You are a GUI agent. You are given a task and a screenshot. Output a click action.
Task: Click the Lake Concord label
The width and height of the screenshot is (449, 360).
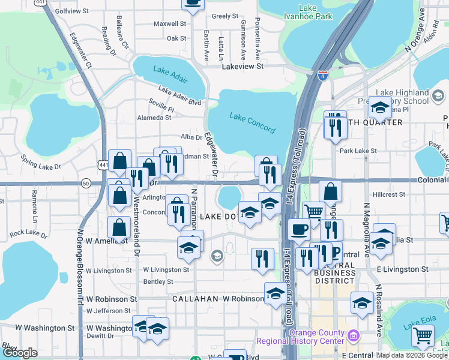click(x=252, y=123)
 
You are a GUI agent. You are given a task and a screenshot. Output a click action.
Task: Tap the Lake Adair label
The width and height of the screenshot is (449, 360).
click(x=170, y=71)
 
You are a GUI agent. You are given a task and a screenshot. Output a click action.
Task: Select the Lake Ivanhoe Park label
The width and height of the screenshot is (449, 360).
click(x=307, y=13)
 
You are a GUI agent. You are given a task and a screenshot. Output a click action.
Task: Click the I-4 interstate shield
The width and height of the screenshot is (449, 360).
click(x=322, y=76)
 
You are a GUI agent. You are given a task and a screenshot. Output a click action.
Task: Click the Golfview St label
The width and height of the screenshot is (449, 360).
click(x=71, y=11)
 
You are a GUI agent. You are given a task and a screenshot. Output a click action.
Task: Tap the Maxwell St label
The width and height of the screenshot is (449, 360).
click(x=170, y=24)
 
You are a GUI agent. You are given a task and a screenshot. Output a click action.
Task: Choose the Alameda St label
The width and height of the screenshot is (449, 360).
click(x=154, y=118)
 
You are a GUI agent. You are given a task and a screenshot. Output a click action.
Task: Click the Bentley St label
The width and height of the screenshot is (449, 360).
click(x=158, y=281)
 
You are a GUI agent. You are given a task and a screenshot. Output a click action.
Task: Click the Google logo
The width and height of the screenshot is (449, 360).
click(x=20, y=353)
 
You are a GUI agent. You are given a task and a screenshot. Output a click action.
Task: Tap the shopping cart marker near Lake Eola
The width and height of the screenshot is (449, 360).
click(x=423, y=337)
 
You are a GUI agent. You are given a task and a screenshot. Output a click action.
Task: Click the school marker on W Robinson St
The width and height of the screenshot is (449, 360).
click(x=276, y=293)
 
